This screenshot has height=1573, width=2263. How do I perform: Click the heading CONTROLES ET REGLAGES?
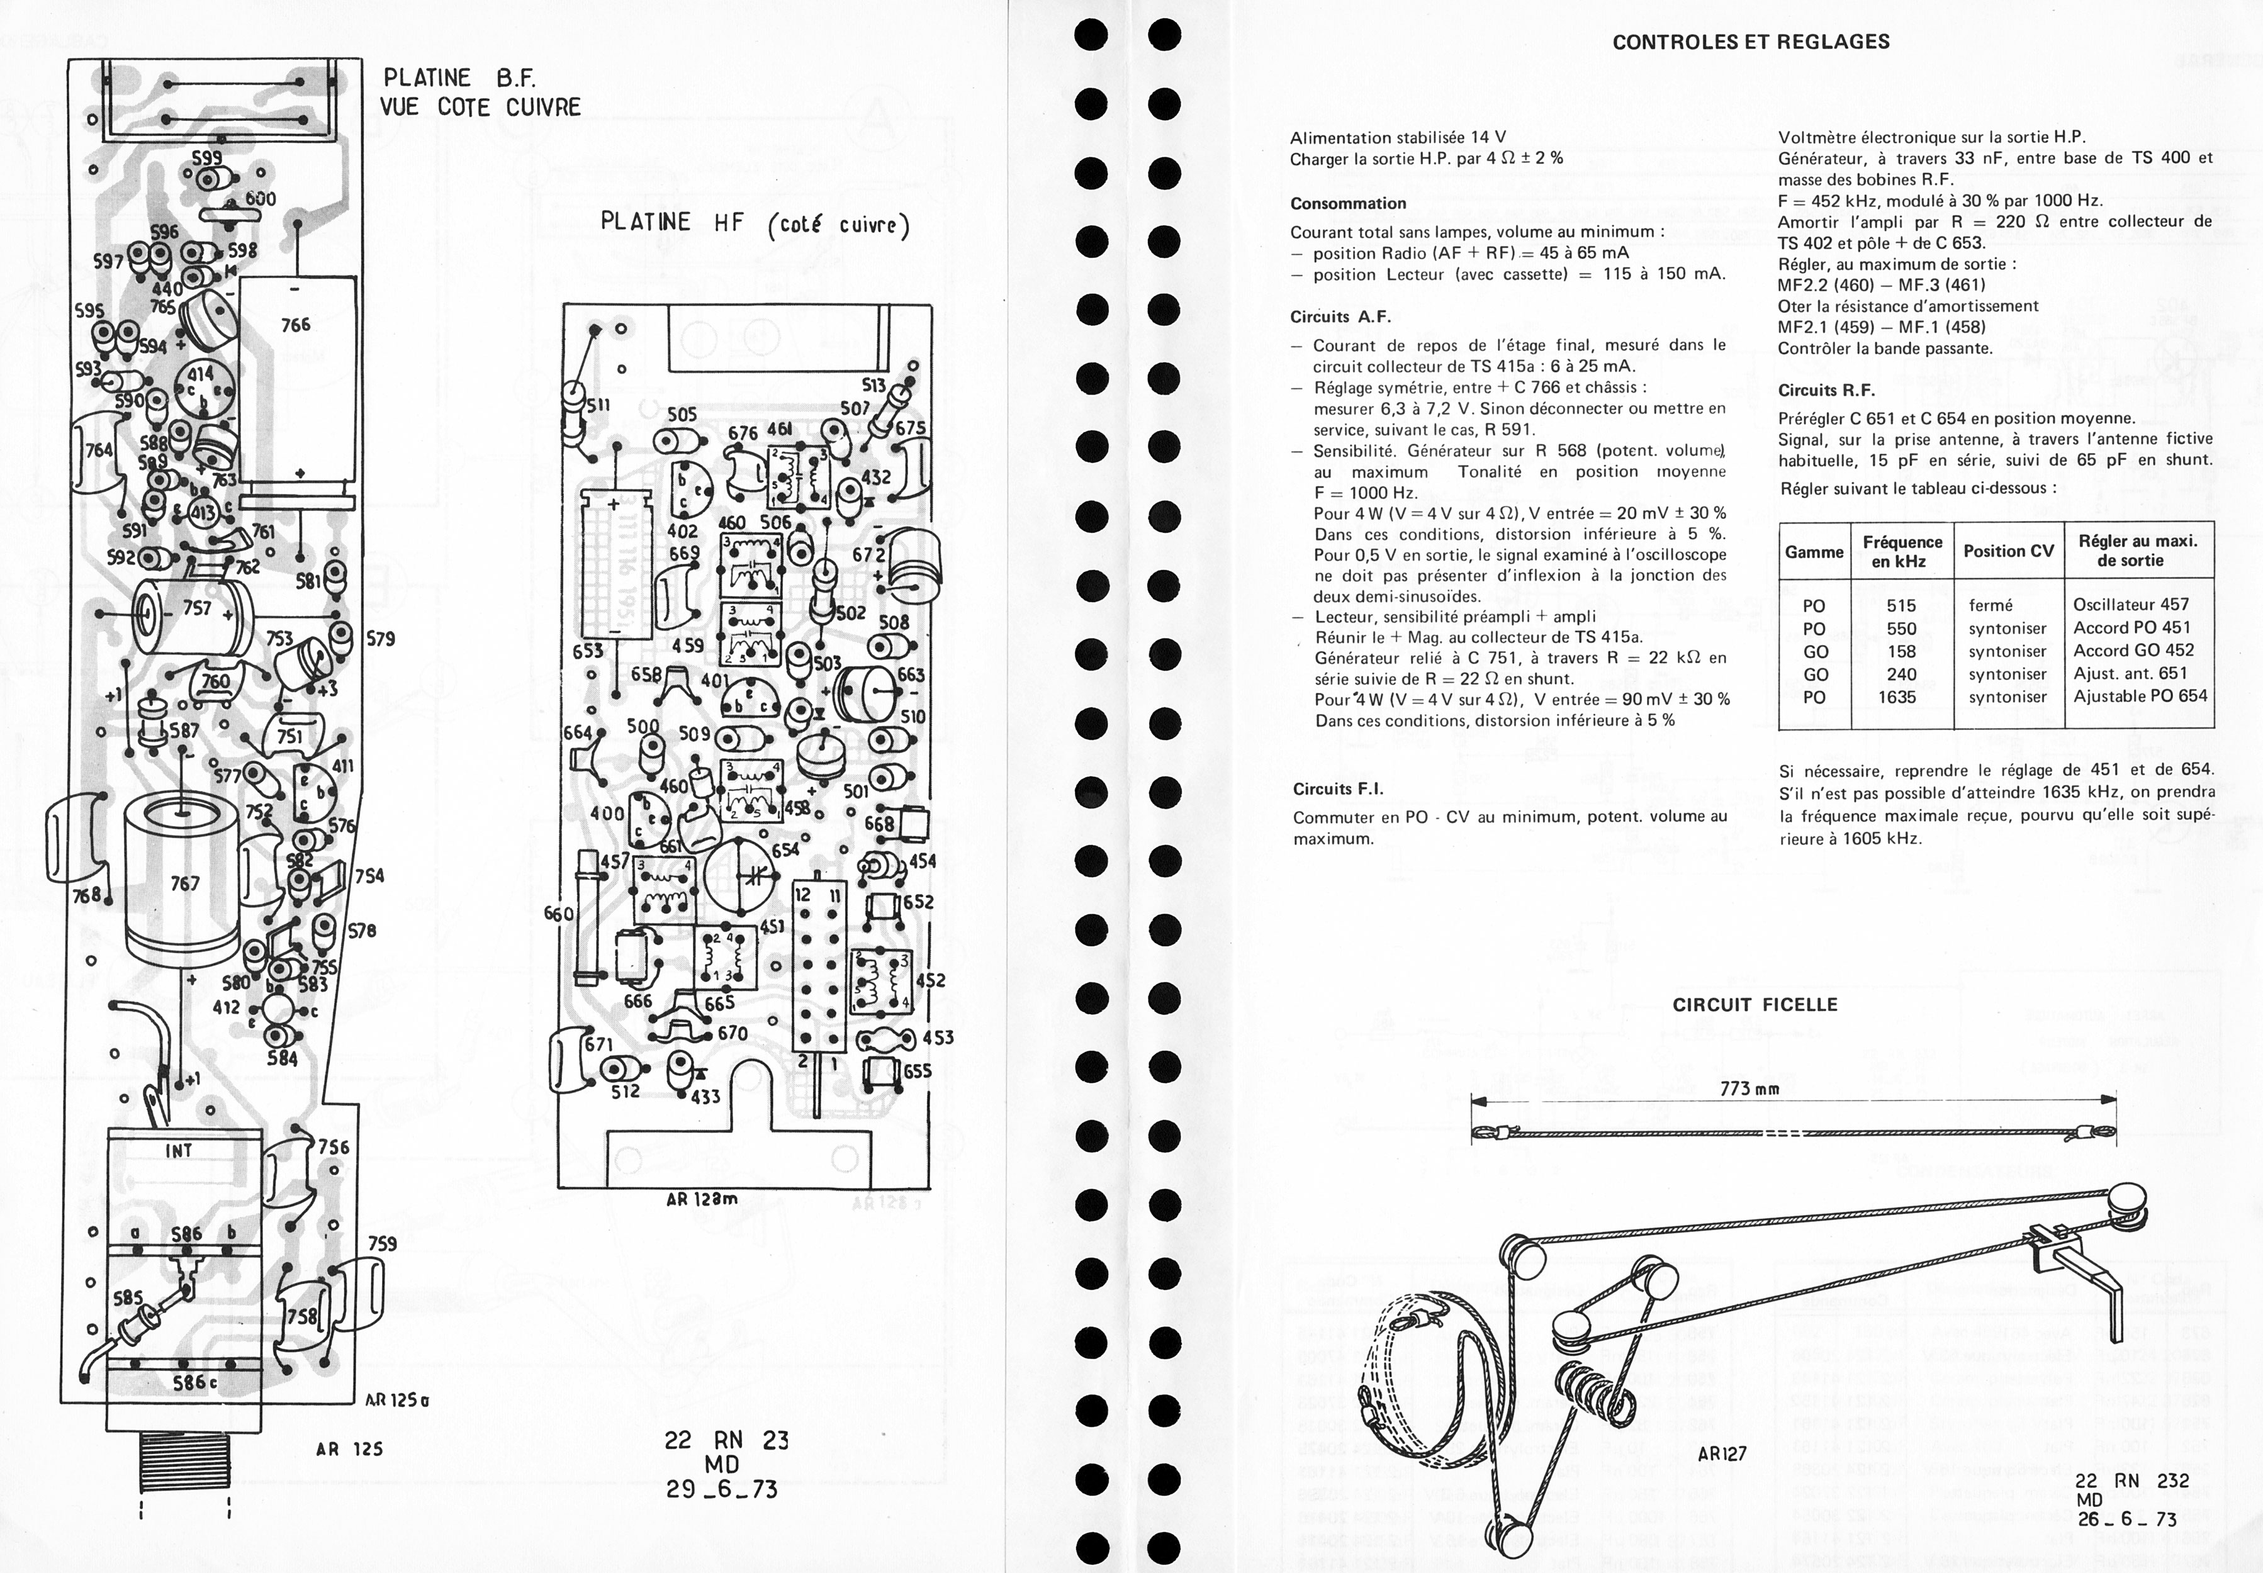pos(1751,42)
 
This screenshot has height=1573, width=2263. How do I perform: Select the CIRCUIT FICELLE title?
pos(1755,1004)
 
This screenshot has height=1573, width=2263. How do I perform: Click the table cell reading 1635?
pos(1896,697)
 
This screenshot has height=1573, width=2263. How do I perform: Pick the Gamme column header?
pos(1814,552)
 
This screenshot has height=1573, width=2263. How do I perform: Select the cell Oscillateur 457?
pos(2131,604)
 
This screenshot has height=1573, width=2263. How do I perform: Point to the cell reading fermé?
pos(1990,605)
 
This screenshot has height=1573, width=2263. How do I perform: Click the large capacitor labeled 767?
pos(183,882)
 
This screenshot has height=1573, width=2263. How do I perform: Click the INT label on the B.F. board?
pos(178,1150)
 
